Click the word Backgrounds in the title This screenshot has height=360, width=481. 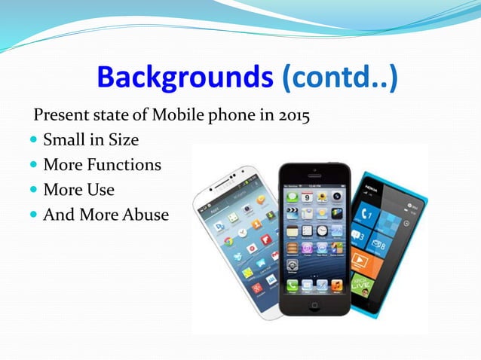click(x=184, y=78)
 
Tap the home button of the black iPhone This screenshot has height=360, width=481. click(x=315, y=304)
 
